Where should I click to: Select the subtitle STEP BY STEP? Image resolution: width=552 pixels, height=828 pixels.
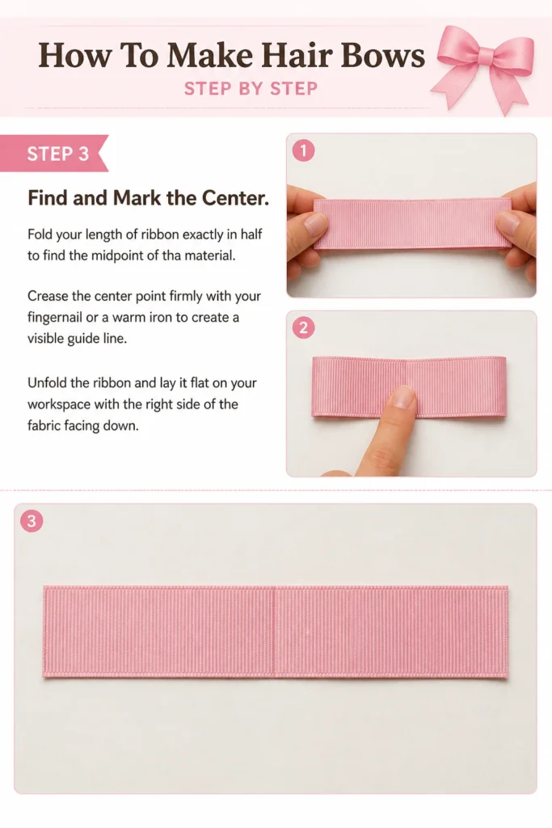coord(251,88)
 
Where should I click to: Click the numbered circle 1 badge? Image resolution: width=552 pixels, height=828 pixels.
coord(303,150)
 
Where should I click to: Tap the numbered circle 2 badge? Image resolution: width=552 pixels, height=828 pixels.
coord(303,328)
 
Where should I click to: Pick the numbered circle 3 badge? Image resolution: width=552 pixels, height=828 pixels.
coord(32,521)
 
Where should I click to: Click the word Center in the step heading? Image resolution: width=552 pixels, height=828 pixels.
coord(235,198)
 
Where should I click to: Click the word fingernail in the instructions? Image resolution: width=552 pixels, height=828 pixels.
coord(56,318)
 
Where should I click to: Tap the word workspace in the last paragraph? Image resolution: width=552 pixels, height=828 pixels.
coord(58,405)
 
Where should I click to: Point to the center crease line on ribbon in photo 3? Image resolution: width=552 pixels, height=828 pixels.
coord(275,631)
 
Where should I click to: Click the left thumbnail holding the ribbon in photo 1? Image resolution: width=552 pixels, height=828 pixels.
coord(316,225)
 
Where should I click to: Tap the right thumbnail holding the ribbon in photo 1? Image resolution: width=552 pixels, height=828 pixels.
coord(508,223)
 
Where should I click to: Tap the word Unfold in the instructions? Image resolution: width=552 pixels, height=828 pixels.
coord(46,382)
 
